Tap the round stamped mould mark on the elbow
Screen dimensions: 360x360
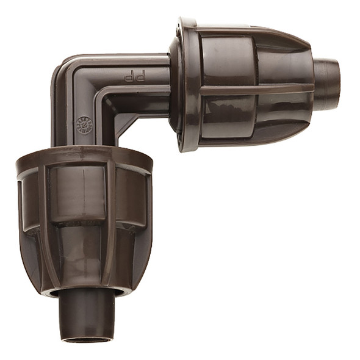pyautogui.click(x=84, y=124)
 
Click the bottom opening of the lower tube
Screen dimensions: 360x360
pyautogui.click(x=88, y=337)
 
